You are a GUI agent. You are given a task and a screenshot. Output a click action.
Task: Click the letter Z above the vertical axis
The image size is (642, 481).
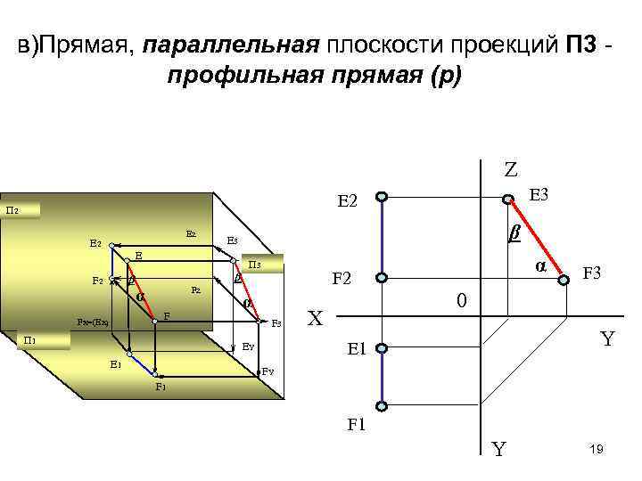510,169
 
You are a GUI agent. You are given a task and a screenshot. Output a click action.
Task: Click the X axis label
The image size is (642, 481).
315,318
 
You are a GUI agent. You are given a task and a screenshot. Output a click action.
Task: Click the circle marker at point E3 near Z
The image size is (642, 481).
508,199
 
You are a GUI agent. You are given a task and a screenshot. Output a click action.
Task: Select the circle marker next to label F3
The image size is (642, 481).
563,280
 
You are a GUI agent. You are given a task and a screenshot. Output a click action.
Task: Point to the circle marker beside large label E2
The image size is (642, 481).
381,198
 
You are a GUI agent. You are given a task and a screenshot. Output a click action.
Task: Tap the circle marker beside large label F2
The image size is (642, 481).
381,278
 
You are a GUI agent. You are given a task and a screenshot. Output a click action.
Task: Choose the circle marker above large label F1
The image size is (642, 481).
381,406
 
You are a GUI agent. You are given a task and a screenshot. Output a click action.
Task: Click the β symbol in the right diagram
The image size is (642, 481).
514,233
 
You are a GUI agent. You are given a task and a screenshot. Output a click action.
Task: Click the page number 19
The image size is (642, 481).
597,452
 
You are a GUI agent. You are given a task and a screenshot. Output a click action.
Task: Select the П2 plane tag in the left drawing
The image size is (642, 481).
13,211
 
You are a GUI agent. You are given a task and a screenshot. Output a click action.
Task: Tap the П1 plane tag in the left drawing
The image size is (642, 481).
29,340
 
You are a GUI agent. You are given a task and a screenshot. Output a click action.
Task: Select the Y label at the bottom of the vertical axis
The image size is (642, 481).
499,450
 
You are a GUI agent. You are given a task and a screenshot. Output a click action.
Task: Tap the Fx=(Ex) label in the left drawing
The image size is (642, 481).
92,322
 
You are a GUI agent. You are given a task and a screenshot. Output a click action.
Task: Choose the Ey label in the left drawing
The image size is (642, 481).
249,346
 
